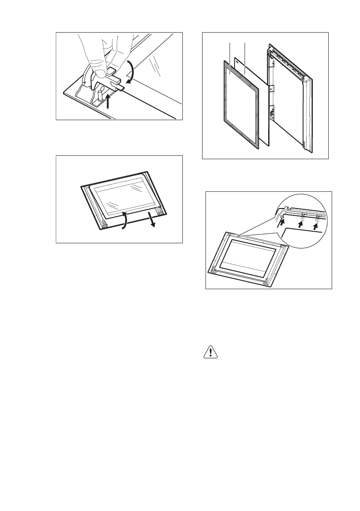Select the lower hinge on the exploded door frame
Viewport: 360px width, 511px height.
pyautogui.click(x=272, y=114)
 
